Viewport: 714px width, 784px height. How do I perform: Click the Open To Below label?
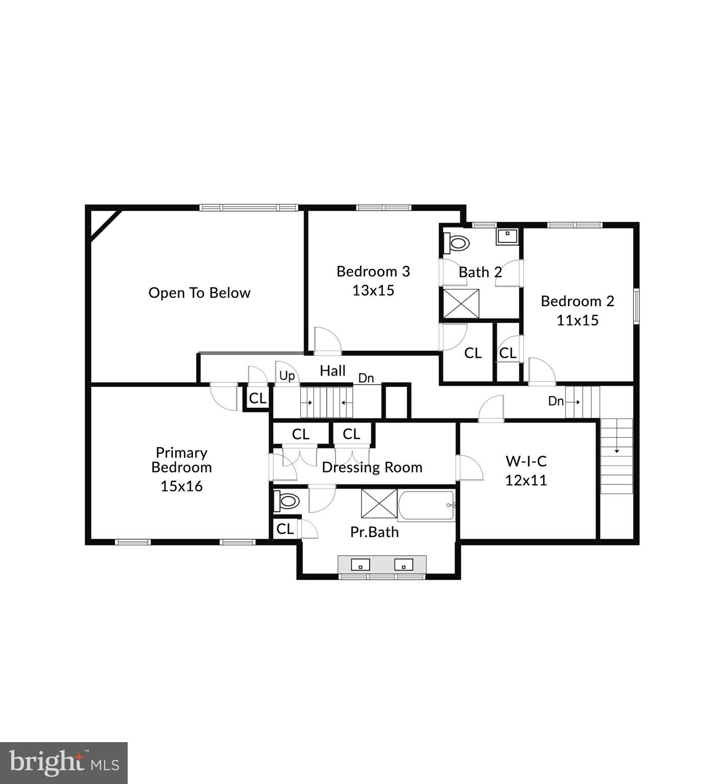click(x=199, y=293)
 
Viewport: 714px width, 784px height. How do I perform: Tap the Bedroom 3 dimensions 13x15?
click(x=373, y=290)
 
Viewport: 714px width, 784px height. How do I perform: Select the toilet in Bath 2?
click(x=456, y=242)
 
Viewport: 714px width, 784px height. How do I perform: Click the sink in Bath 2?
click(x=507, y=237)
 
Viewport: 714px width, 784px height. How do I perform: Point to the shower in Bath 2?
click(x=461, y=304)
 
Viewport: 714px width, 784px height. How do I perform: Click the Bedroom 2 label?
click(x=577, y=301)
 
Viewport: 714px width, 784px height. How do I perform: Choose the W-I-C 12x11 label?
click(x=526, y=471)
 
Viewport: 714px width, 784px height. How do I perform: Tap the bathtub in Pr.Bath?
click(x=426, y=506)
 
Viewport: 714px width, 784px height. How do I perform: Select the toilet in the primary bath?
click(x=287, y=501)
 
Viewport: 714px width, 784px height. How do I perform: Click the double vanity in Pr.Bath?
click(x=382, y=565)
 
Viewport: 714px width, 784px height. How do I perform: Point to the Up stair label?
click(x=287, y=376)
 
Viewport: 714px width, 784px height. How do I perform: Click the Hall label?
click(x=332, y=371)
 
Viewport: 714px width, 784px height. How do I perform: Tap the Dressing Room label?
click(x=372, y=467)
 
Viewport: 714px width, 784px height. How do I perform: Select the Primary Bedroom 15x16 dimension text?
click(x=181, y=486)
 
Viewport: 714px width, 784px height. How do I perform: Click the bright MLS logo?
click(x=64, y=763)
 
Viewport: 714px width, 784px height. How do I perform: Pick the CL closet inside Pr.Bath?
click(x=284, y=529)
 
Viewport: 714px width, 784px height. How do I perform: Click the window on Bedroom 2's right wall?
click(x=636, y=306)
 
